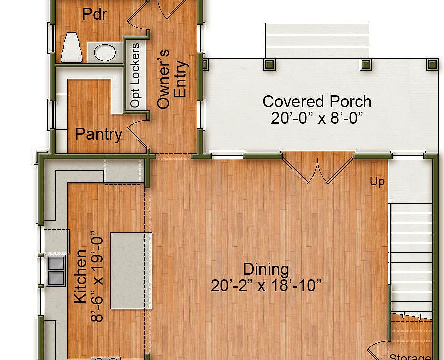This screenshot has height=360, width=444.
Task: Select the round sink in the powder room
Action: tap(104, 51)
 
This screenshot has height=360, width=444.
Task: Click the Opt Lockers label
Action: tap(135, 75)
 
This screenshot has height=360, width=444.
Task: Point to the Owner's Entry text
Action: tap(172, 79)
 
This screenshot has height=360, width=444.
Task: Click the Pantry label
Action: tap(98, 134)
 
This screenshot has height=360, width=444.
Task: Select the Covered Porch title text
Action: tap(317, 102)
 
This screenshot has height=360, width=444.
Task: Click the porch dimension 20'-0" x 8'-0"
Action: tap(317, 118)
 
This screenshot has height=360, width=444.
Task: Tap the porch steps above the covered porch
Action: tap(318, 41)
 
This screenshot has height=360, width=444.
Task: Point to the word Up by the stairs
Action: tap(377, 181)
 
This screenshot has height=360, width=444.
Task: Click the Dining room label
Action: tap(266, 269)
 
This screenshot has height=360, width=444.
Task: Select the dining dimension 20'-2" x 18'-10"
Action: tap(266, 286)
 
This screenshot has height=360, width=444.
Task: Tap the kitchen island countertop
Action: tap(130, 270)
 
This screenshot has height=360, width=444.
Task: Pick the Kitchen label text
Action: tap(81, 276)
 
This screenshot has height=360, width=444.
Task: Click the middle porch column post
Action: tap(366, 64)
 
